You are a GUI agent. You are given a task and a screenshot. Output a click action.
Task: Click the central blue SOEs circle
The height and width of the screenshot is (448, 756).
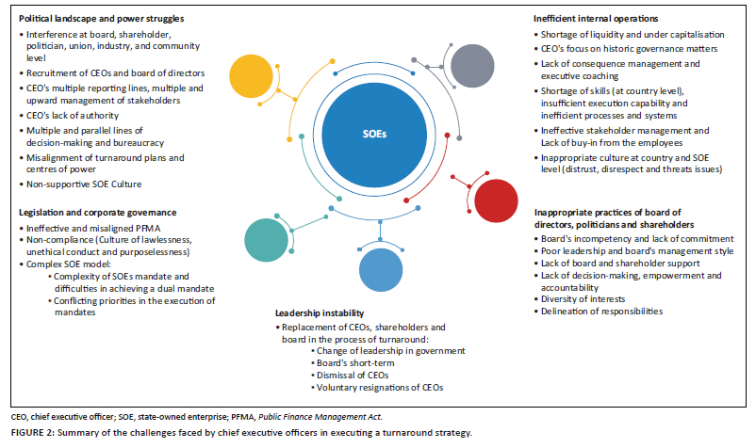tap(373, 135)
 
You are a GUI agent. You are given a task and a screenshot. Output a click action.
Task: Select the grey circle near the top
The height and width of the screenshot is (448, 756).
tap(473, 65)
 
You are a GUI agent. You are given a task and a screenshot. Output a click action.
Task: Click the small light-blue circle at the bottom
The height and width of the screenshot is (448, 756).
tap(382, 273)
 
